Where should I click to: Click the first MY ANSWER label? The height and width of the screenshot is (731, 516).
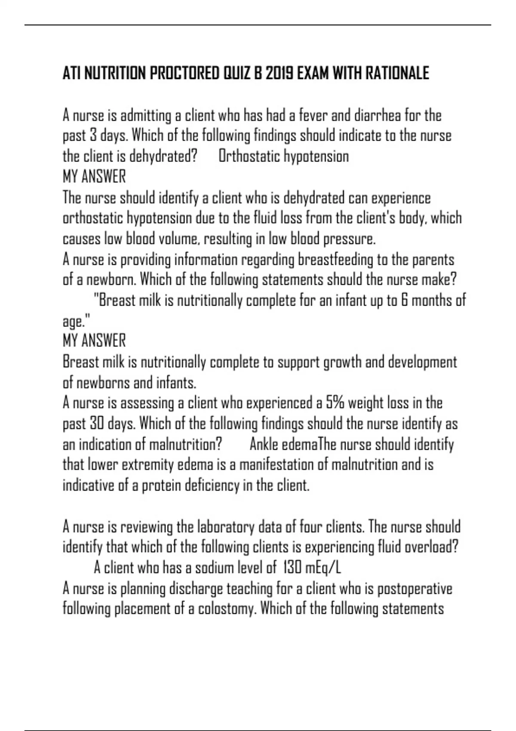(x=94, y=177)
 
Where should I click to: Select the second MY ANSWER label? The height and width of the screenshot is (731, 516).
(x=94, y=341)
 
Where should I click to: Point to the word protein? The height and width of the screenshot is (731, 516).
(x=162, y=485)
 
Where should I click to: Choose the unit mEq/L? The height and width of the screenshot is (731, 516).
(x=323, y=568)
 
